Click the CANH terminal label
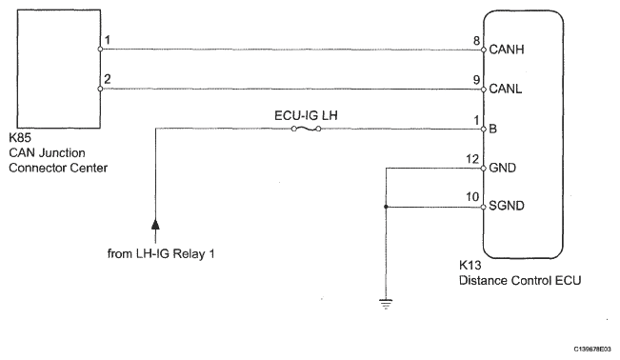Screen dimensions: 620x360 point(507,50)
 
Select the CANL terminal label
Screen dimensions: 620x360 point(506,89)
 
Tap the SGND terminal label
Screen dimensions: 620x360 point(507,206)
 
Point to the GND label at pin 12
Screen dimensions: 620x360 point(503,168)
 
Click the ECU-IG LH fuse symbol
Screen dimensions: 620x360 point(306,129)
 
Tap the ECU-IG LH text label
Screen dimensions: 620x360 point(306,115)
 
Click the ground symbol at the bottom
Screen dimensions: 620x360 point(386,304)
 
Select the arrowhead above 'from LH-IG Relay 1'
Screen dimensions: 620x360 point(155,225)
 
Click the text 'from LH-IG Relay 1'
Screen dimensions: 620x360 point(161,253)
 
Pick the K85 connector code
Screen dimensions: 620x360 point(20,138)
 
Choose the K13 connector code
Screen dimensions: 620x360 point(470,265)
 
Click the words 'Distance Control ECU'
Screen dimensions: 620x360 point(520,281)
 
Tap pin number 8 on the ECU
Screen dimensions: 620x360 point(477,40)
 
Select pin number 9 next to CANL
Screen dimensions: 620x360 point(477,80)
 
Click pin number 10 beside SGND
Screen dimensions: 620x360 point(472,196)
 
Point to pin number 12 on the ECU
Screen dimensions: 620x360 point(472,159)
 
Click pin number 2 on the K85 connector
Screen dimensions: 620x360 point(108,79)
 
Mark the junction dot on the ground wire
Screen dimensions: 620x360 point(386,207)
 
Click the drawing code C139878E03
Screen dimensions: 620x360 point(592,349)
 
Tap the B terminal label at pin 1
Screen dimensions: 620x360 point(493,129)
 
